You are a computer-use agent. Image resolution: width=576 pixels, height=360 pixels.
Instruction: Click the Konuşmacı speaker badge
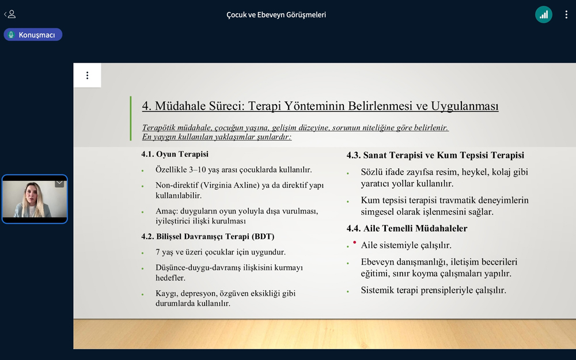33,35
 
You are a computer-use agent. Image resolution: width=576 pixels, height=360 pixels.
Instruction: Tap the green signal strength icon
544,15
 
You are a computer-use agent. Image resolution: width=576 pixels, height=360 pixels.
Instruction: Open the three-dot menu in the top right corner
566,15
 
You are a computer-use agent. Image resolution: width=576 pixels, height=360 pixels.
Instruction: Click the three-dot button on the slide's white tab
87,75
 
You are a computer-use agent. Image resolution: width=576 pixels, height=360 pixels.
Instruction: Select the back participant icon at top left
10,14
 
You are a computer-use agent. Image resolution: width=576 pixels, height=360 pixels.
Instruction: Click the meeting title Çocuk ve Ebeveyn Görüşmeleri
276,15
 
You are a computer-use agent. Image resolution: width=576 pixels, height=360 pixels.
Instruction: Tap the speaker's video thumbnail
35,199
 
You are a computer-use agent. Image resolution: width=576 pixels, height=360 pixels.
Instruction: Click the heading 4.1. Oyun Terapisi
175,154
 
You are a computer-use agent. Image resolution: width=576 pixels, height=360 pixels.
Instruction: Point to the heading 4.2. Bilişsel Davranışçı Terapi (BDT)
208,236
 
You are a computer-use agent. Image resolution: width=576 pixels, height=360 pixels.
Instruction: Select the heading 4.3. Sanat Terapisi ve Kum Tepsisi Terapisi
435,155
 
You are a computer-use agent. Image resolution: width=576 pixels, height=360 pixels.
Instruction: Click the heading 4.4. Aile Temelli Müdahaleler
407,228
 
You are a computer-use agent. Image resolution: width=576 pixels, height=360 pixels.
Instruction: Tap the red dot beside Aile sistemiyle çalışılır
354,242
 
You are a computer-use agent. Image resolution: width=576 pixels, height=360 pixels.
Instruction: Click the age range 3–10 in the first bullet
198,170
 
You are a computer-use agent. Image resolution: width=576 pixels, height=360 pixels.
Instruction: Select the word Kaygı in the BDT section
166,294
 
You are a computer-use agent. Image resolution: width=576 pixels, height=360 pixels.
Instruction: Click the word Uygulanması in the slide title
465,106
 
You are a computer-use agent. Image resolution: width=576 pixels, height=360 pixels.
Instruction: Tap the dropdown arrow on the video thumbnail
59,183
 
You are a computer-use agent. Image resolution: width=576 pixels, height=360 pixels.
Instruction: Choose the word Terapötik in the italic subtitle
159,128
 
